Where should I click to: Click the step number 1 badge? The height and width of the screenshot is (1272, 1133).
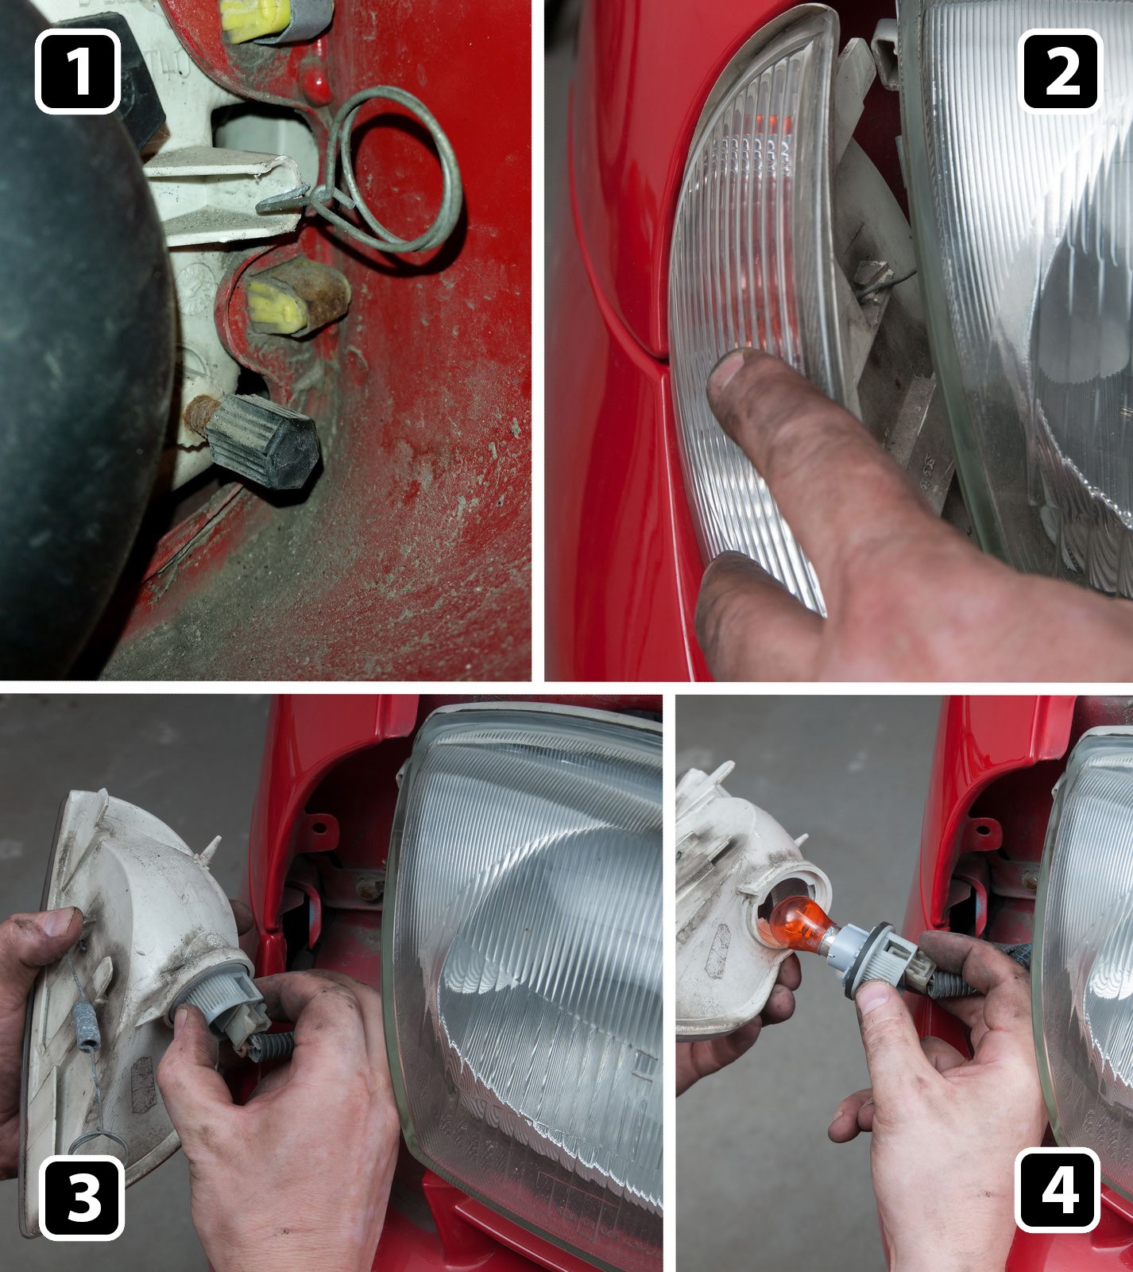pos(77,72)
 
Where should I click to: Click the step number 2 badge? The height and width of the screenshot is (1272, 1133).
pos(1061,70)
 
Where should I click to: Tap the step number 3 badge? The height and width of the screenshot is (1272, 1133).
pos(83,1197)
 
